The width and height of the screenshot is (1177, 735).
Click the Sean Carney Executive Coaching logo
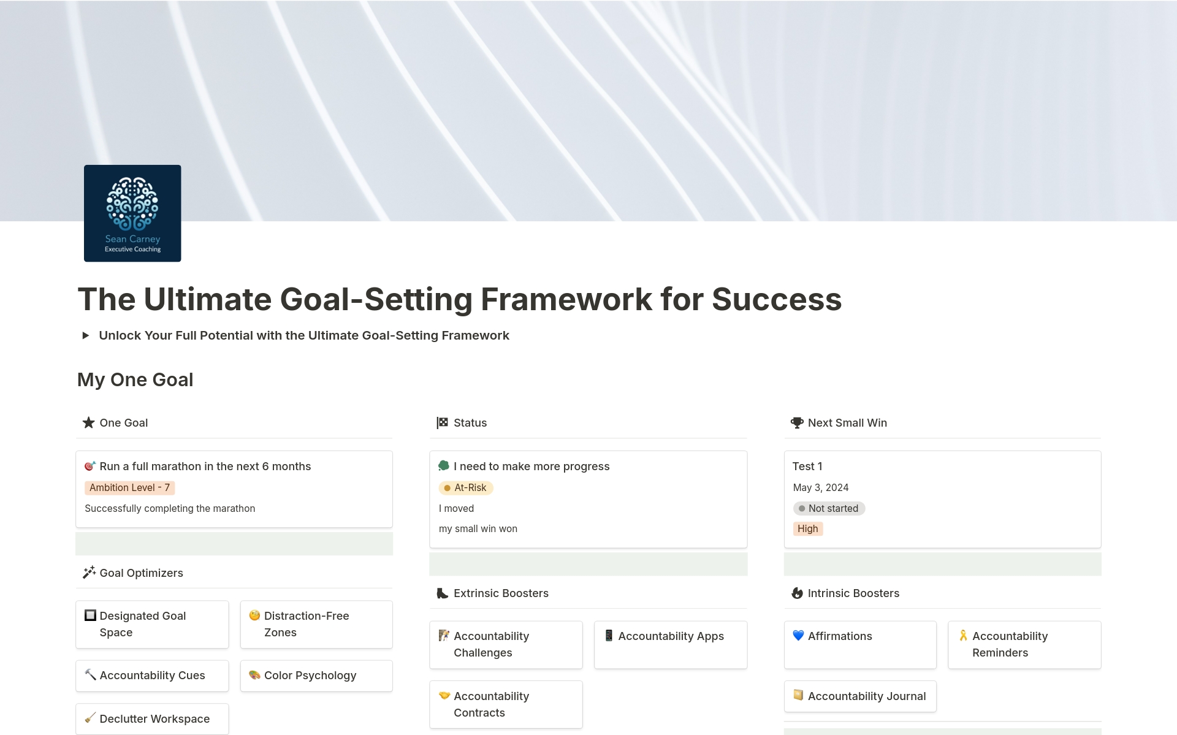click(x=132, y=213)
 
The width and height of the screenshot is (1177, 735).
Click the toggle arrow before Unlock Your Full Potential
click(x=86, y=335)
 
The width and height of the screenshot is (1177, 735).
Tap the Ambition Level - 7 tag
click(x=129, y=488)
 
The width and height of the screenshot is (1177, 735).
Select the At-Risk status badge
click(x=466, y=488)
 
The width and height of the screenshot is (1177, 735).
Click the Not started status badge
click(x=829, y=509)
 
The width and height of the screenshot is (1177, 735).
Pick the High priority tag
click(x=807, y=529)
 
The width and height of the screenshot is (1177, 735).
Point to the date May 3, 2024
click(x=820, y=488)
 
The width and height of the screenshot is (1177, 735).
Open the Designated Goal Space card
click(x=152, y=624)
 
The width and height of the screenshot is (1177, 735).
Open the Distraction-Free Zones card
click(x=316, y=624)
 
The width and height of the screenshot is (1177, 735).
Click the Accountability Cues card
click(x=152, y=676)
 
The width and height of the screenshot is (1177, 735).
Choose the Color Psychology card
click(x=316, y=676)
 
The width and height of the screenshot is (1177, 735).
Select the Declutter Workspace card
click(x=152, y=719)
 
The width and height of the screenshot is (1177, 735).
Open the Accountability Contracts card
click(x=506, y=704)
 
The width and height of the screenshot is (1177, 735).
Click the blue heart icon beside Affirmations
click(x=798, y=636)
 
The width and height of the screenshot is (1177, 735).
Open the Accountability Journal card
click(x=860, y=696)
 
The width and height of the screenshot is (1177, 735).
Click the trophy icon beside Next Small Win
click(x=797, y=423)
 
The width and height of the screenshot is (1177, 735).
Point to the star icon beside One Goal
click(x=89, y=423)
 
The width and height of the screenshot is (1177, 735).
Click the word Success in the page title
click(x=777, y=300)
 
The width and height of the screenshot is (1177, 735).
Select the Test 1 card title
click(x=807, y=467)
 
